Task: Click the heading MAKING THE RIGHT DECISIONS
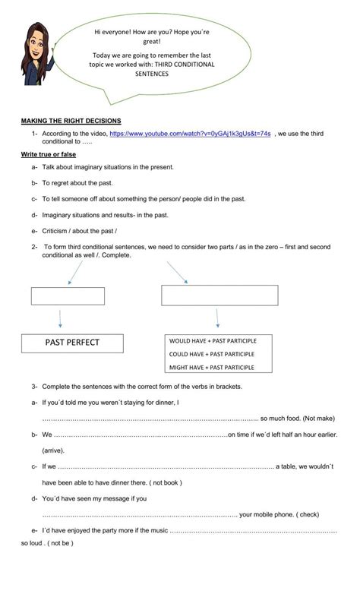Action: coord(71,121)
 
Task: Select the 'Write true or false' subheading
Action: coord(49,154)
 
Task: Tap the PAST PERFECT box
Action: coord(72,343)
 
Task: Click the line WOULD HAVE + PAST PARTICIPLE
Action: coord(212,341)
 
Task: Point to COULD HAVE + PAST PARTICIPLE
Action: coord(212,354)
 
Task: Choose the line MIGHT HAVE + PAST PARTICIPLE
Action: coord(212,368)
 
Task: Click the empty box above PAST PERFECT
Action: coord(68,295)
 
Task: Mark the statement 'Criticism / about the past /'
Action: coord(80,230)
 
